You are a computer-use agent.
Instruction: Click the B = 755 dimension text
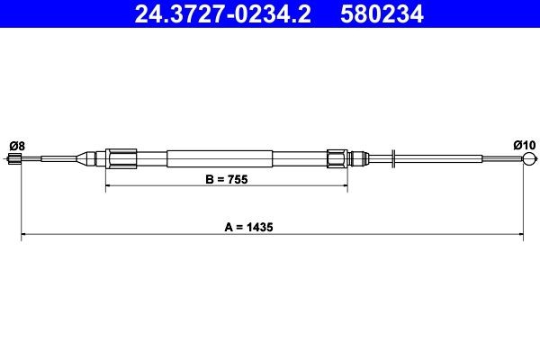click(226, 179)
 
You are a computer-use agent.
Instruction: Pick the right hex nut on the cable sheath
click(338, 158)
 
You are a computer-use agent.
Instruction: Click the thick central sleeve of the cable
click(220, 158)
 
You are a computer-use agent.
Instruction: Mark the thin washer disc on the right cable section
click(393, 159)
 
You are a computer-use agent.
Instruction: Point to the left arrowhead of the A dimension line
click(23, 237)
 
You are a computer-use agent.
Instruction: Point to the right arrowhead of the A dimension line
click(521, 237)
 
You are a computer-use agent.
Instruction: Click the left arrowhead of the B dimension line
click(110, 188)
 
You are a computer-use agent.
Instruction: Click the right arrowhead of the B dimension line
click(344, 188)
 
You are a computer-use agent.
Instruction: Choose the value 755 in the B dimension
click(237, 179)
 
